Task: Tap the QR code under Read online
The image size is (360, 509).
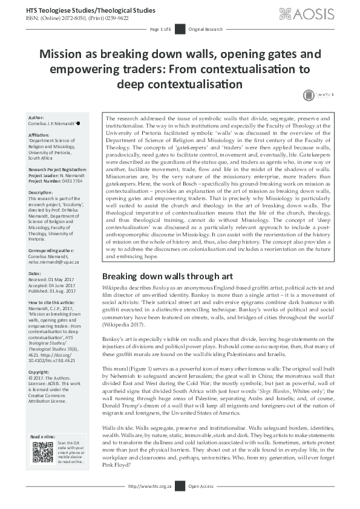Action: [42, 452]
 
